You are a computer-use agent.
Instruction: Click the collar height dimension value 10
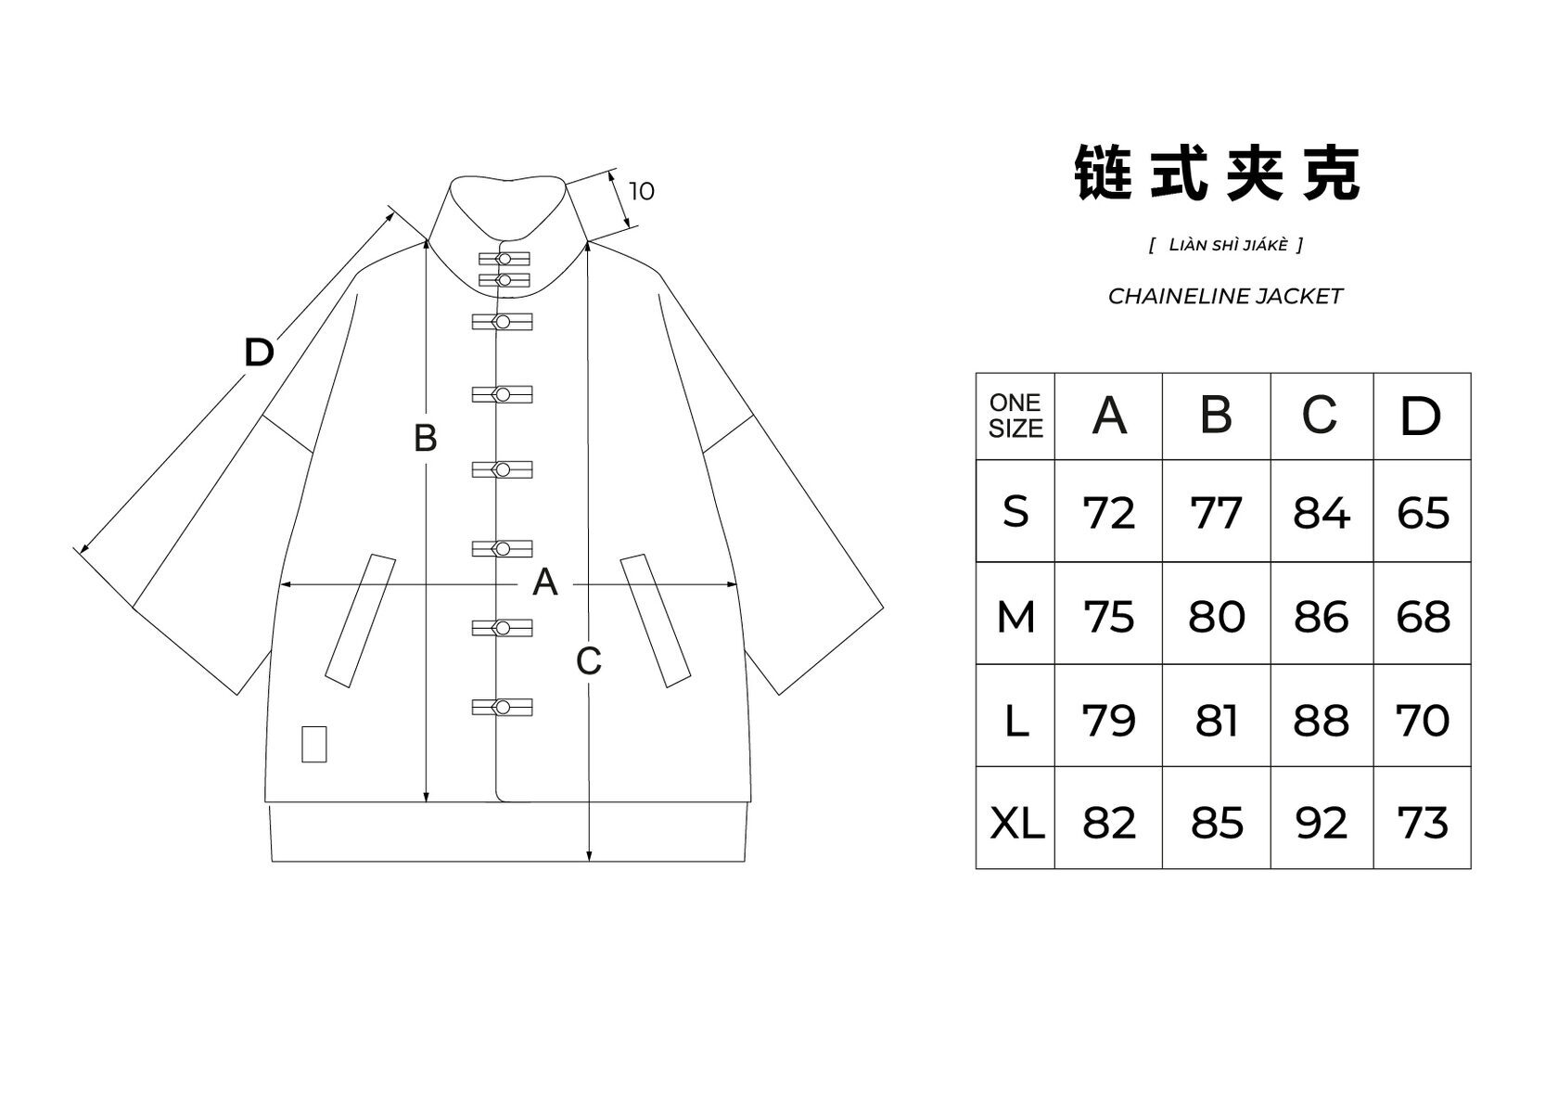click(x=641, y=191)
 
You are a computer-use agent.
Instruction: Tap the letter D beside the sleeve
click(x=259, y=352)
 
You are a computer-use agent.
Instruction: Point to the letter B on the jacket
click(x=425, y=438)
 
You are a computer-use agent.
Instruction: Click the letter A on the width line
click(x=545, y=583)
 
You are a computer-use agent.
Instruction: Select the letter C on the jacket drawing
click(x=589, y=661)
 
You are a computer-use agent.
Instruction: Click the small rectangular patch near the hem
click(x=314, y=744)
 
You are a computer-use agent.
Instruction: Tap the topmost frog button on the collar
click(x=504, y=259)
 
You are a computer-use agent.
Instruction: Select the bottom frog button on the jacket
click(x=502, y=708)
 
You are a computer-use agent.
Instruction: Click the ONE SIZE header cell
click(x=1015, y=416)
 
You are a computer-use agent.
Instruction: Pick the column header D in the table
click(x=1421, y=416)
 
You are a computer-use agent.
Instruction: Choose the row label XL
click(x=1016, y=823)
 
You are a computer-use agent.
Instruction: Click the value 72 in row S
click(x=1108, y=513)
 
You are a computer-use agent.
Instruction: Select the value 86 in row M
click(x=1321, y=616)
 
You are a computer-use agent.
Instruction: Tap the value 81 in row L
click(x=1216, y=720)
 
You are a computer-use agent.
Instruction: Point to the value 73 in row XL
click(x=1422, y=823)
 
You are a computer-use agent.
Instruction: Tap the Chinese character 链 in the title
click(x=1104, y=173)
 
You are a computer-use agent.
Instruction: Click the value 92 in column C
click(x=1321, y=823)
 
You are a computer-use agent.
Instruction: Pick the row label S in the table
click(x=1016, y=512)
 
